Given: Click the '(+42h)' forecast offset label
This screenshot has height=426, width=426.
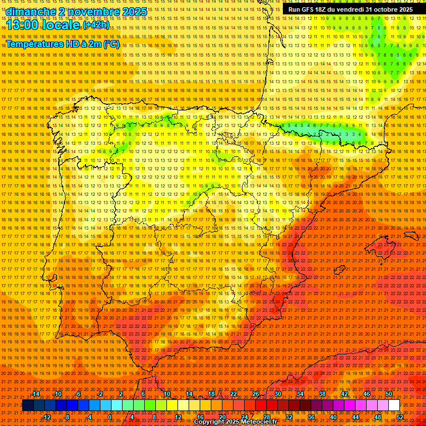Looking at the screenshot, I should (96, 26).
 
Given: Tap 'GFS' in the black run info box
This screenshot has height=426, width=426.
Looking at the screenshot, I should (307, 9).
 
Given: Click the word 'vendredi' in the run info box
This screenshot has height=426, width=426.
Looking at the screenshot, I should (348, 9).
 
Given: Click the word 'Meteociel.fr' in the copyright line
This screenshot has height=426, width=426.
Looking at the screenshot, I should (258, 422).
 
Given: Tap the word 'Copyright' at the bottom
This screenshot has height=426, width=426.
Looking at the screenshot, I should (209, 422).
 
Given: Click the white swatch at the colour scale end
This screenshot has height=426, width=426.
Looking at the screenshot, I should (394, 405).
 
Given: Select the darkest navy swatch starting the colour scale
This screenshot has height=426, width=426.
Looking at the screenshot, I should (28, 405).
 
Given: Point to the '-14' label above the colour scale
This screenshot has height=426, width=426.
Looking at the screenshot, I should (35, 394).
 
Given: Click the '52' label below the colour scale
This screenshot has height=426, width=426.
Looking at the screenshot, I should (400, 417).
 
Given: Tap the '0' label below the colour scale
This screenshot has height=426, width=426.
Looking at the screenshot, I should (110, 417).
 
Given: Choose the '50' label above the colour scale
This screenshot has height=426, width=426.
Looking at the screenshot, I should (389, 394).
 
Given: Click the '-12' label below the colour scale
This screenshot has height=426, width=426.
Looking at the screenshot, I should (47, 417).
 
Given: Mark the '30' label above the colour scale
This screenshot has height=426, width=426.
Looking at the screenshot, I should (277, 394).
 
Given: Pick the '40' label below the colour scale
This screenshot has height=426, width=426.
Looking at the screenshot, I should (333, 417).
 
